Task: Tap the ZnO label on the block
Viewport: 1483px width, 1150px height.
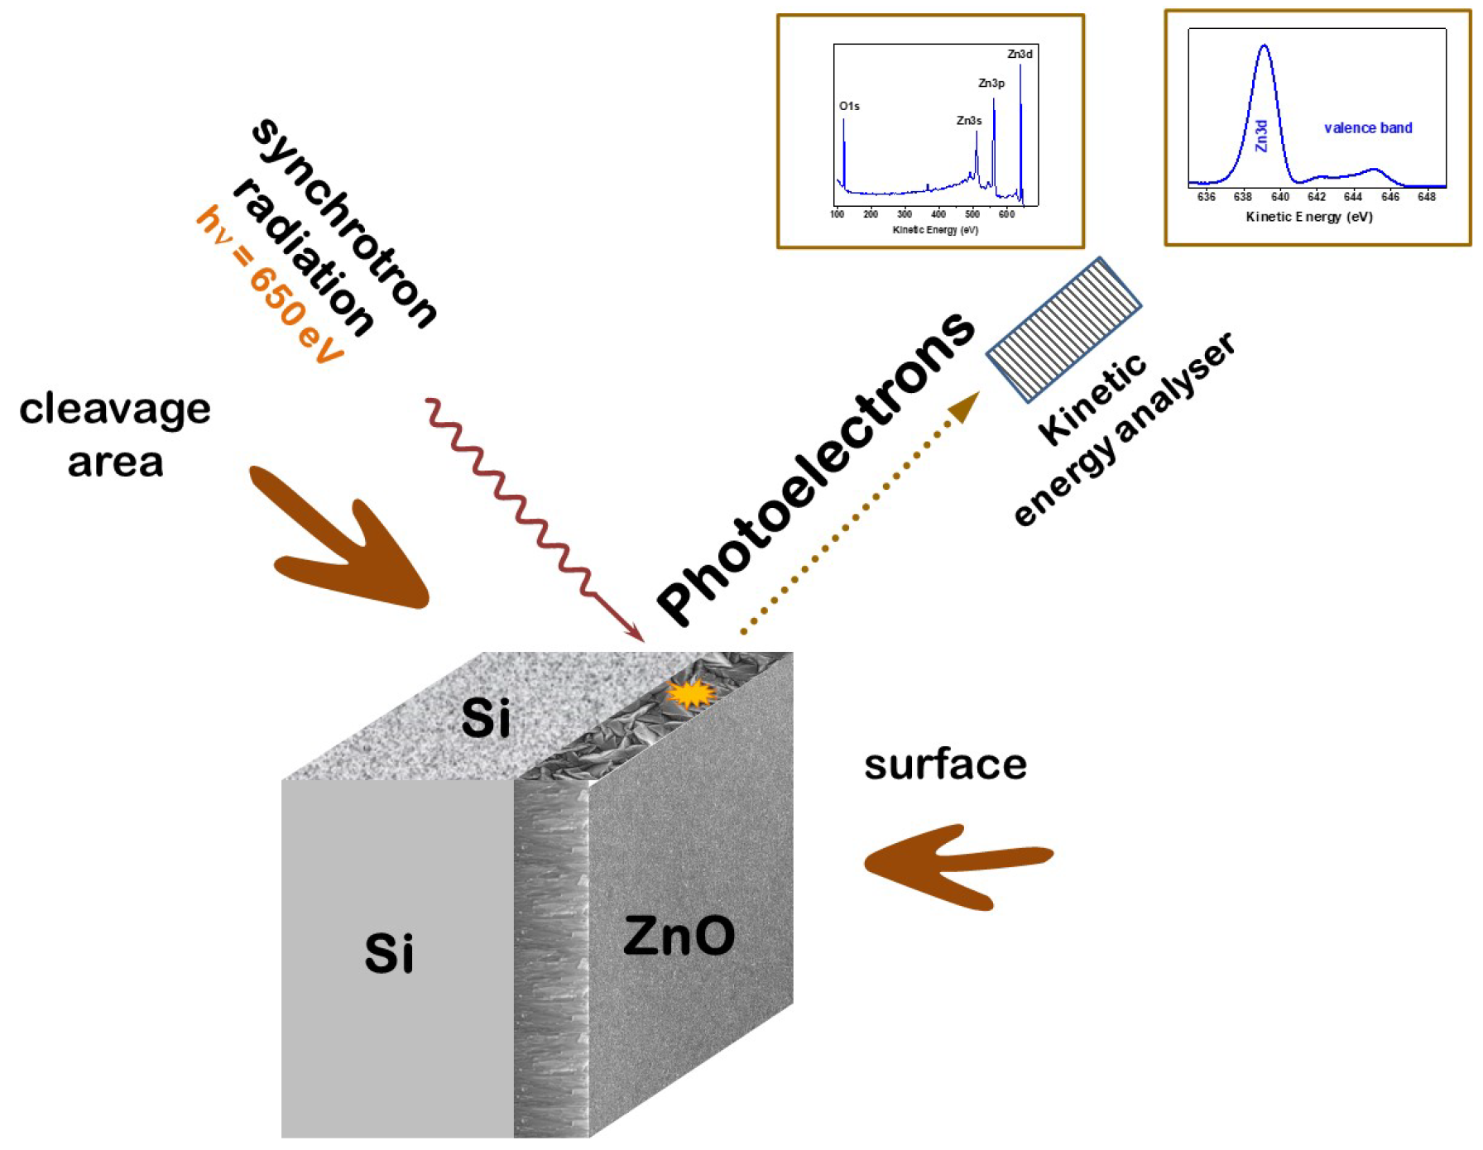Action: click(679, 936)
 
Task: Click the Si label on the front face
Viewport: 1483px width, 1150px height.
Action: click(389, 953)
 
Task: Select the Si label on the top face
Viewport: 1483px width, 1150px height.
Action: click(486, 717)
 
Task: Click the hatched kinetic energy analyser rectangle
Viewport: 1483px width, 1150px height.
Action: click(1064, 329)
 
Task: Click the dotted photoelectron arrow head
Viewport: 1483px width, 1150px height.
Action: click(964, 407)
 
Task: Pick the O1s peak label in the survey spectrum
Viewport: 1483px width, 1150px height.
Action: click(849, 106)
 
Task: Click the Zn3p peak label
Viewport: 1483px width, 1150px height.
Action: click(991, 83)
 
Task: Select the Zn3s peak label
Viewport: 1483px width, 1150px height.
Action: click(969, 121)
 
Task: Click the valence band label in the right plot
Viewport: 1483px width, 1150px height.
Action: click(1368, 127)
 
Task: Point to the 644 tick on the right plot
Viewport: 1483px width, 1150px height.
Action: click(1353, 197)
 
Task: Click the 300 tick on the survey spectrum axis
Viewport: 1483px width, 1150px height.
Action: click(905, 214)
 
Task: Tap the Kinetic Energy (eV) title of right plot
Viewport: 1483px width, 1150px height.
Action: click(1309, 217)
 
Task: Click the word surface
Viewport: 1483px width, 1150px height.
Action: click(945, 764)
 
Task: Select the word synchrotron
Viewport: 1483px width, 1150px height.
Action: click(343, 223)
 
